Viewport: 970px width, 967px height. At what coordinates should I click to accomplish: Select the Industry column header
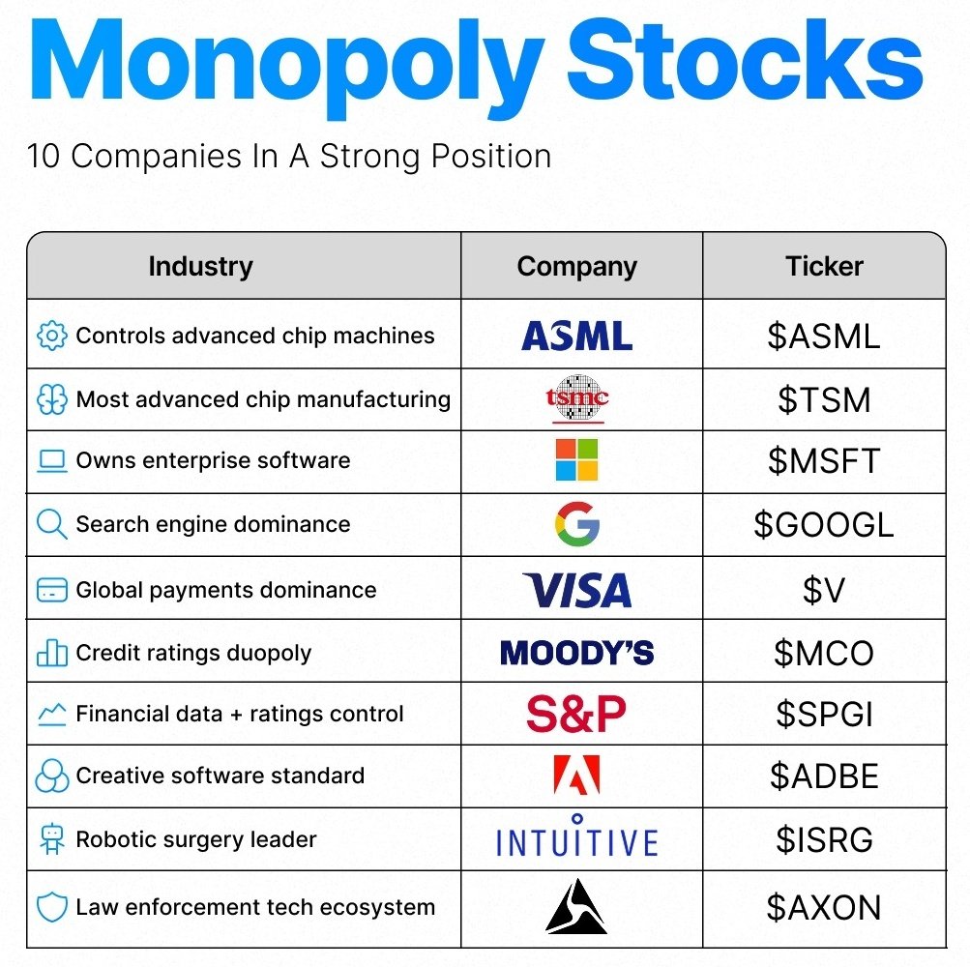pyautogui.click(x=200, y=267)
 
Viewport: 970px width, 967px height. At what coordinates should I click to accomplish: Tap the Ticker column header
pyautogui.click(x=824, y=267)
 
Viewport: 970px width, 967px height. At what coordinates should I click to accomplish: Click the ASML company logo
pyautogui.click(x=576, y=337)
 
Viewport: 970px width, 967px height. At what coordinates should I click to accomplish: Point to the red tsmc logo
pyautogui.click(x=576, y=398)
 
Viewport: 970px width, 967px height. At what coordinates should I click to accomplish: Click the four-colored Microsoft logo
pyautogui.click(x=576, y=460)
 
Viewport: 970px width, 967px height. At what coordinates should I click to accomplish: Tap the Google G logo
pyautogui.click(x=576, y=524)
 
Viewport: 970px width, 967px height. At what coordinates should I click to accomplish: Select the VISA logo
pyautogui.click(x=576, y=590)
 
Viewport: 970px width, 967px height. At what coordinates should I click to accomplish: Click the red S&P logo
pyautogui.click(x=576, y=715)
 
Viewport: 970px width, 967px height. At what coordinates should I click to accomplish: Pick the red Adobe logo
pyautogui.click(x=576, y=776)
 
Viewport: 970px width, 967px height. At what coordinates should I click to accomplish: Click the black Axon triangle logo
pyautogui.click(x=576, y=907)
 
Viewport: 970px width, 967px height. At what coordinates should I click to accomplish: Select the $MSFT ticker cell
pyautogui.click(x=824, y=461)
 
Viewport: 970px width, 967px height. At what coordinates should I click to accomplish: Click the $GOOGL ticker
pyautogui.click(x=824, y=525)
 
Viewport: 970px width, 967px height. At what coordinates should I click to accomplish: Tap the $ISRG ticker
pyautogui.click(x=824, y=840)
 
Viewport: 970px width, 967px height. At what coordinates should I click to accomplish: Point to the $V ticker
pyautogui.click(x=824, y=591)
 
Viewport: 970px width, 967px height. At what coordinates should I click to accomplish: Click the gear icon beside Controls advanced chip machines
pyautogui.click(x=51, y=336)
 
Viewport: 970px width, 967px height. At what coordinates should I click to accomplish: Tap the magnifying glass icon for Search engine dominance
pyautogui.click(x=51, y=524)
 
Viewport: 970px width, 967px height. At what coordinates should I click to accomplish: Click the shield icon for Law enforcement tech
pyautogui.click(x=51, y=908)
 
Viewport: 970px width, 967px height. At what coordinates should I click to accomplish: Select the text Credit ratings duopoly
pyautogui.click(x=193, y=653)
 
